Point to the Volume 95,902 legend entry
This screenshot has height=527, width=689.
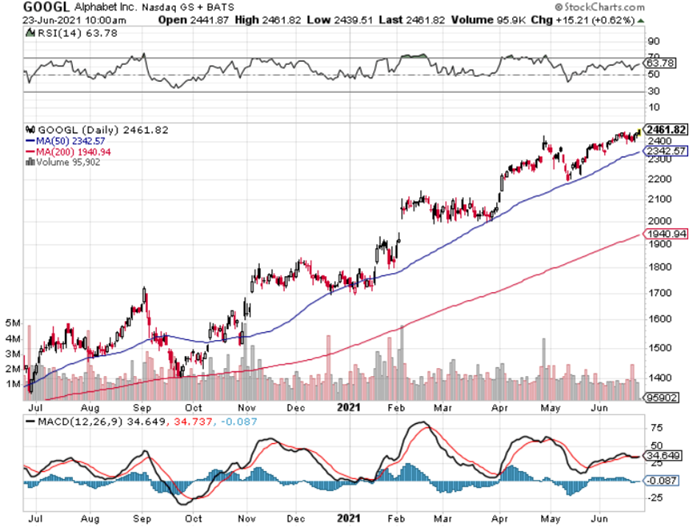(x=66, y=162)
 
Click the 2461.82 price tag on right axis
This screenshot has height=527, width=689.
(x=665, y=130)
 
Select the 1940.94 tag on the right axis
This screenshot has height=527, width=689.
(x=665, y=233)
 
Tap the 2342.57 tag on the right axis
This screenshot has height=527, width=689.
(x=665, y=151)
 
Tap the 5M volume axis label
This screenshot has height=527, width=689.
(x=13, y=323)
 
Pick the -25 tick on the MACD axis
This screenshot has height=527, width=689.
(x=654, y=497)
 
